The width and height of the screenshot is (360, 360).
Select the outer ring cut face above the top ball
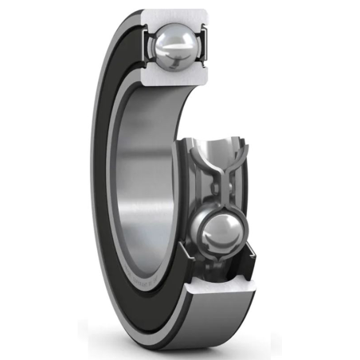[174, 16]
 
